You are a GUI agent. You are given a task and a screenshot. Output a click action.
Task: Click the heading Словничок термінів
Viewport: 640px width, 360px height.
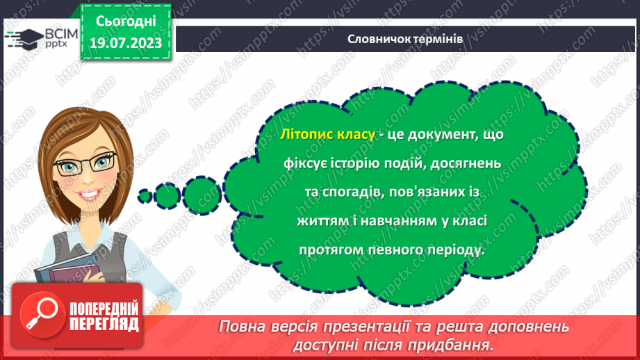click(x=404, y=39)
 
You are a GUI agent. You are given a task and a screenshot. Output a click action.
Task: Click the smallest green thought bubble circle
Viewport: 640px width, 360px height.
click(x=145, y=196)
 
